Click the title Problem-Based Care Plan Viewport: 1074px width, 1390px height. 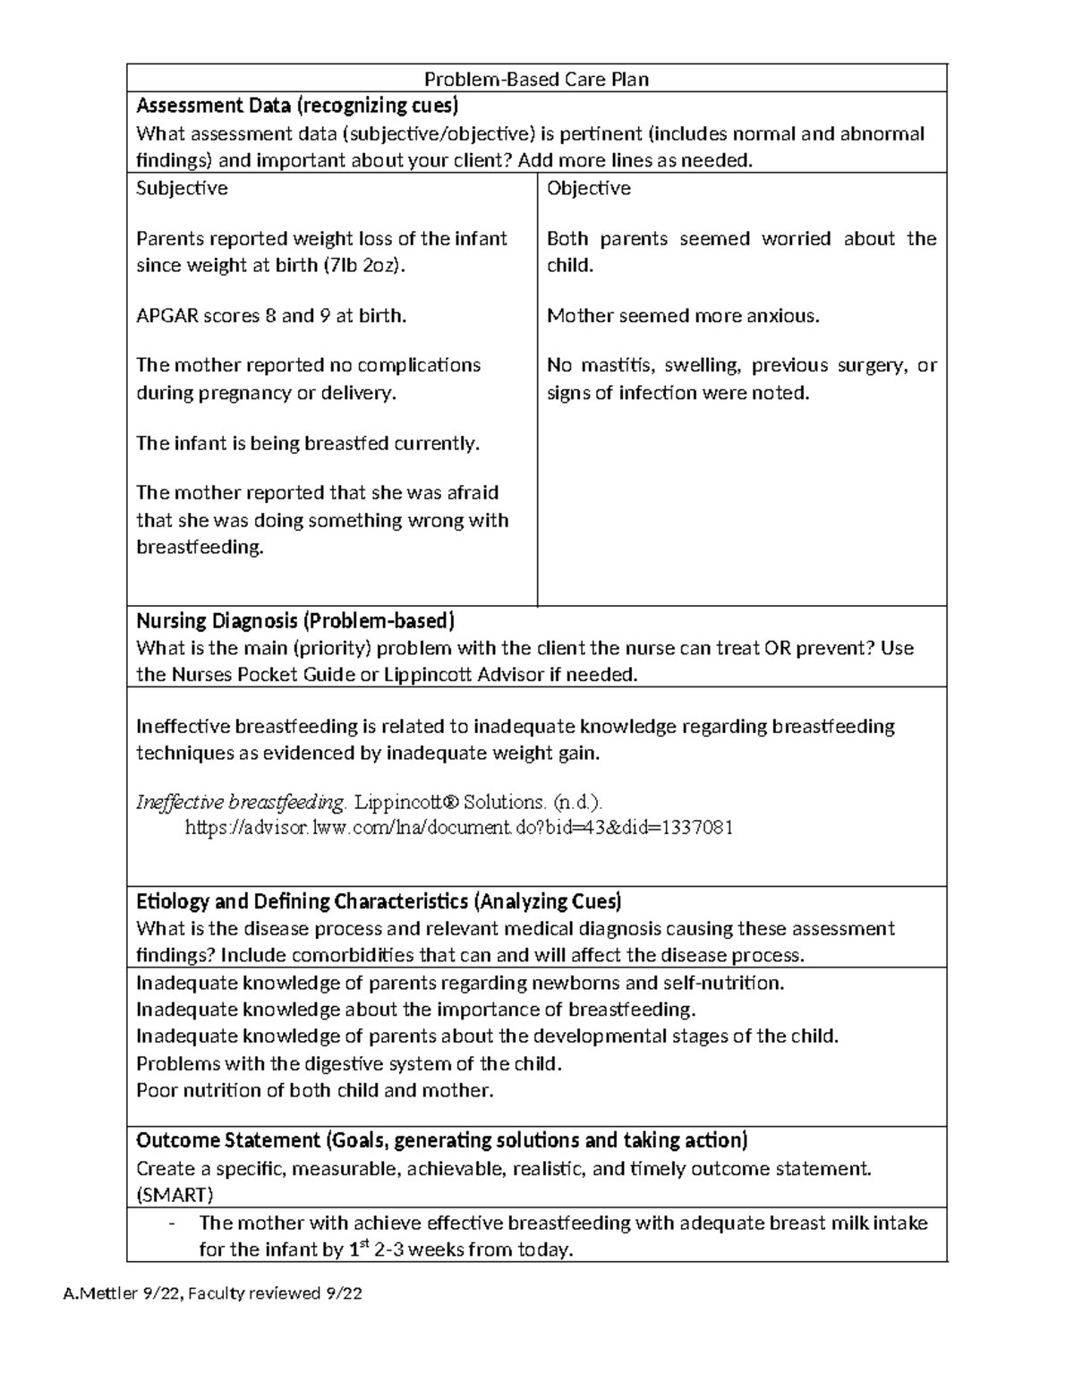coord(536,79)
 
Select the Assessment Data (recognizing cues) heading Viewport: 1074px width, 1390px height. coord(296,107)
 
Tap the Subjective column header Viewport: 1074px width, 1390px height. coord(182,188)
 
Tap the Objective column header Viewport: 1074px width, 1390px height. coord(588,188)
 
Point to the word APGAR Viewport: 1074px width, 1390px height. coord(167,316)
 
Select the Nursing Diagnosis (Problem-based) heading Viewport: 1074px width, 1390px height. coord(295,621)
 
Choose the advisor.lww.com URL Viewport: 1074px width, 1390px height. coord(458,828)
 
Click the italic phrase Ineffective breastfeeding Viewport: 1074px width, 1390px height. coord(240,802)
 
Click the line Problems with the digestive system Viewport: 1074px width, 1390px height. coord(348,1064)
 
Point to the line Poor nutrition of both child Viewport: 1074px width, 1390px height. coord(314,1091)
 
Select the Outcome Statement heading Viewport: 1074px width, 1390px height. coord(441,1141)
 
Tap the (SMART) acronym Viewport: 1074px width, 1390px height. coord(175,1195)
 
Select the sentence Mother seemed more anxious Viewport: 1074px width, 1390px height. coord(683,316)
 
